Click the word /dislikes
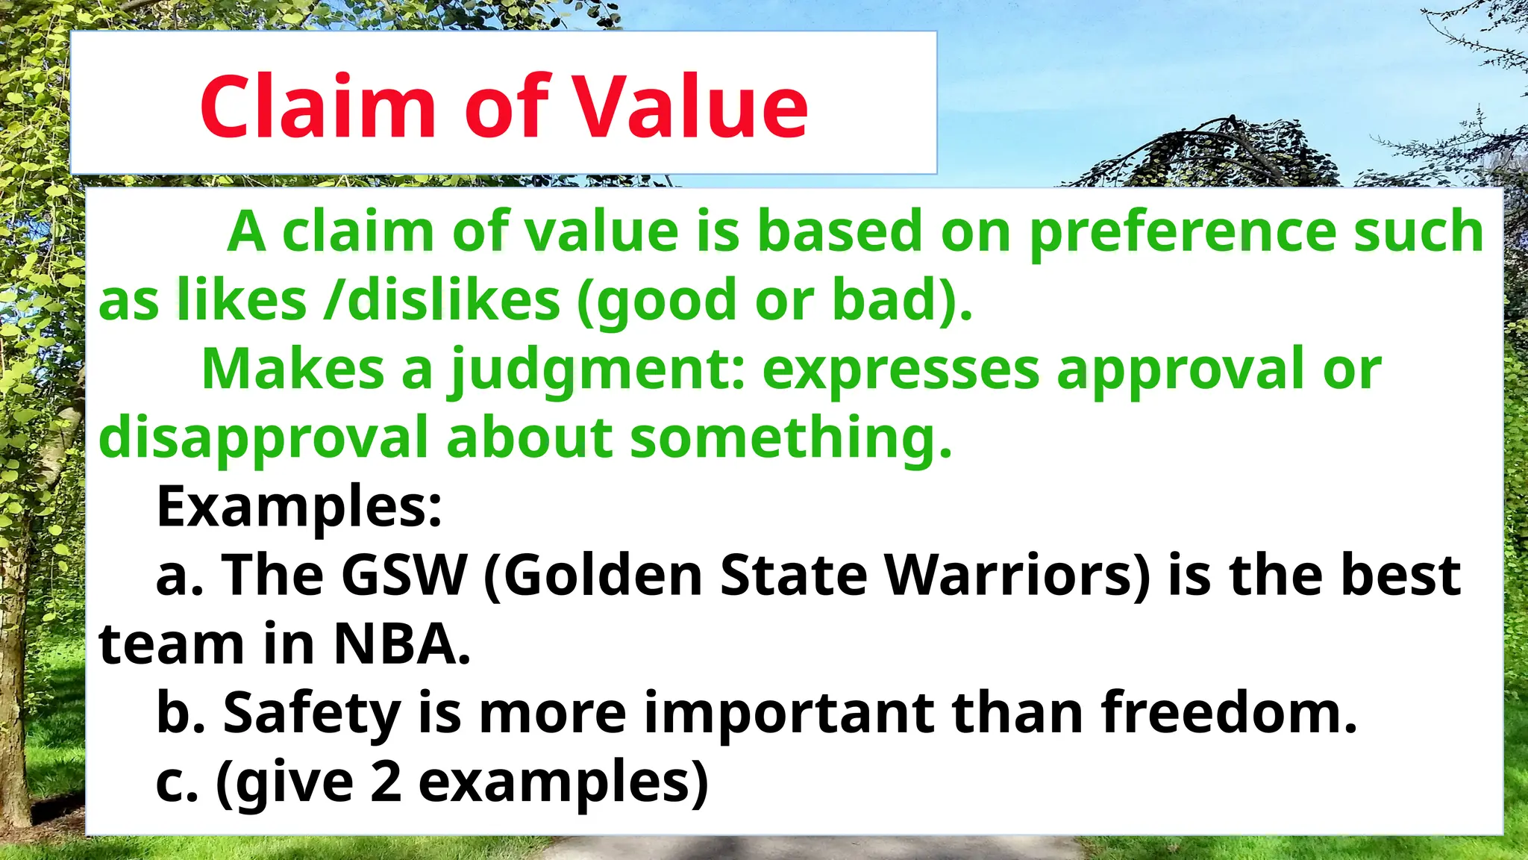pos(442,300)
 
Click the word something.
pos(791,437)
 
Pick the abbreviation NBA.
pos(401,644)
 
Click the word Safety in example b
pos(312,714)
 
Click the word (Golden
pos(593,576)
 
